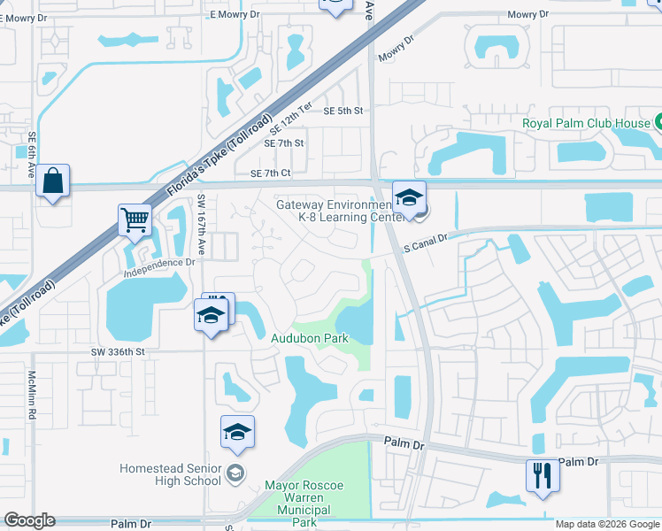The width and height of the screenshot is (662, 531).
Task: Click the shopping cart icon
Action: coord(135,219)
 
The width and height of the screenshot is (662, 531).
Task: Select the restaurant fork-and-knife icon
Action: coord(542,475)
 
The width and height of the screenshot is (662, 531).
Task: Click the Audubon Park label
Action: coord(309,338)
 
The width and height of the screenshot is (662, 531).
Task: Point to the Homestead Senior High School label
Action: coord(172,474)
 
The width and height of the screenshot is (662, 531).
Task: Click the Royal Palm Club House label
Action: coord(585,123)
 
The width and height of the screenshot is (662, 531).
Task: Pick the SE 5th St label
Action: coord(343,111)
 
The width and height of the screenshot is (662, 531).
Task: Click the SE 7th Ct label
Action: coord(271,174)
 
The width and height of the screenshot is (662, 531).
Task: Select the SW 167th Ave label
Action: coord(202,225)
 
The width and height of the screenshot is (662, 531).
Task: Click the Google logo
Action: coord(29,520)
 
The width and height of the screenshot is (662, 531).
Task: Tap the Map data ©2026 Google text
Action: coord(606,524)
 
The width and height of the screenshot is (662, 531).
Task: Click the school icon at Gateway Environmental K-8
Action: coord(409,198)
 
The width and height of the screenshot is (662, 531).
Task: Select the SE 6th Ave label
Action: coord(32,155)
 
